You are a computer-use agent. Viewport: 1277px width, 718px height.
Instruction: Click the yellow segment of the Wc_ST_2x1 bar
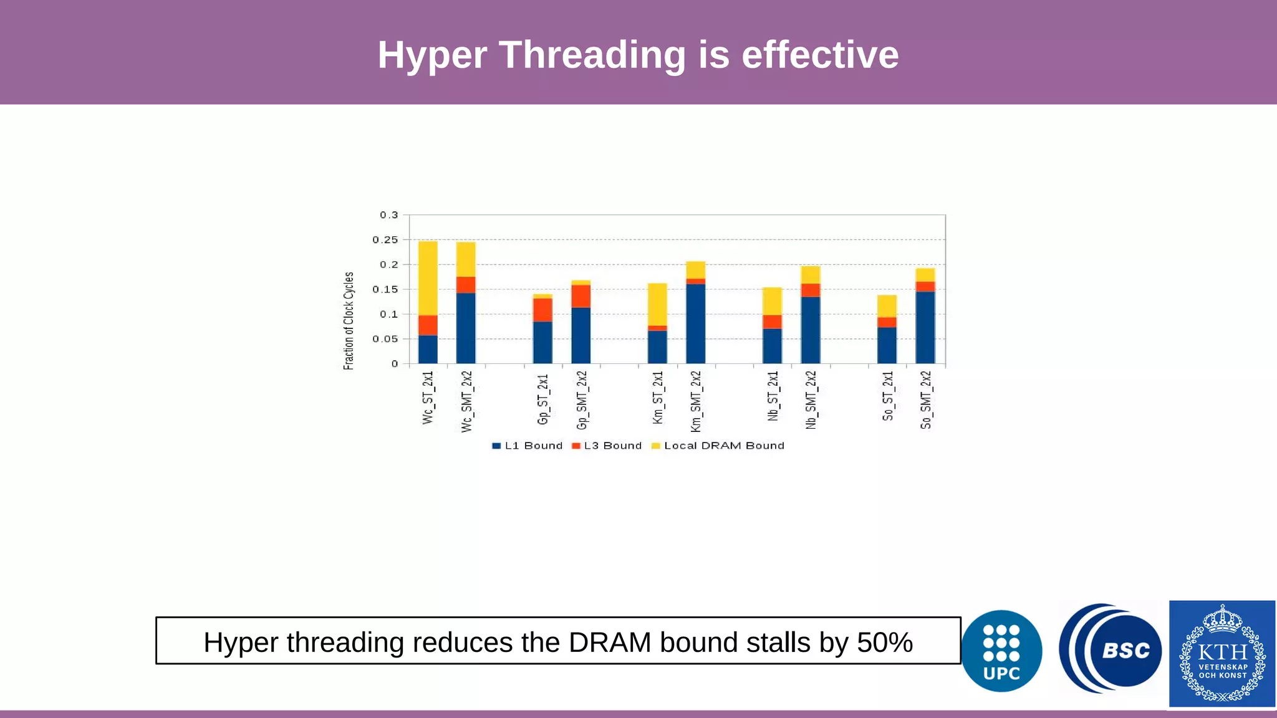click(428, 278)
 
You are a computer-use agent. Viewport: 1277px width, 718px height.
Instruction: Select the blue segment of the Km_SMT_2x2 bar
click(696, 323)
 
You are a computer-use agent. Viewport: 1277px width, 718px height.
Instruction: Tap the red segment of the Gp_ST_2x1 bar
click(542, 310)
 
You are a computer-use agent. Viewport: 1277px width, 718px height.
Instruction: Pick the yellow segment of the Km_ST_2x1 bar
click(657, 304)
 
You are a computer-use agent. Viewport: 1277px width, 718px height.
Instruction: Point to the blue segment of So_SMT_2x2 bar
click(925, 327)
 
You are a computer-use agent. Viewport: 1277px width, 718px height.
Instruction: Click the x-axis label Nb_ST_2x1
click(773, 396)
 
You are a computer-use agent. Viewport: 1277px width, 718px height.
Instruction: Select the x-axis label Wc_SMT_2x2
click(466, 401)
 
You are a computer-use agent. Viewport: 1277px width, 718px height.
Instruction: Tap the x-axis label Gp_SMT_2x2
click(581, 400)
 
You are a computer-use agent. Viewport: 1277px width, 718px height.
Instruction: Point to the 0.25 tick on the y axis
click(385, 240)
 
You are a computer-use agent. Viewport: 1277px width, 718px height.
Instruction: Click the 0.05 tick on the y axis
click(385, 339)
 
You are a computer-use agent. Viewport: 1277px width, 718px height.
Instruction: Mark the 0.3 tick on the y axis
click(388, 215)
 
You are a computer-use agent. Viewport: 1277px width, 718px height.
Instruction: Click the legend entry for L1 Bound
click(528, 446)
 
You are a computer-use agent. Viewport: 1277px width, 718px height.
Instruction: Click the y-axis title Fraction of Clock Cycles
click(349, 321)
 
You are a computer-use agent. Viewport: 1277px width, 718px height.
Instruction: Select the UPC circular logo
click(1001, 651)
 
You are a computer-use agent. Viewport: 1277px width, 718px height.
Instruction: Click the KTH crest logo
click(1222, 654)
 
